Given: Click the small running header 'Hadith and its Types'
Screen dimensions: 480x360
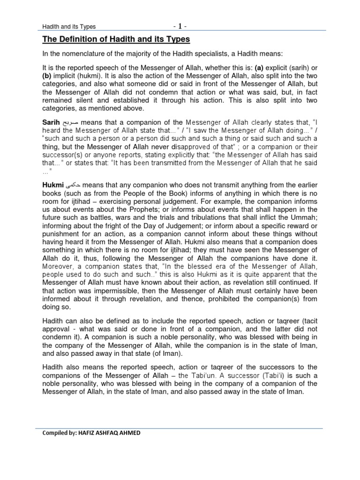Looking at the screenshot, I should coord(69,27).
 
